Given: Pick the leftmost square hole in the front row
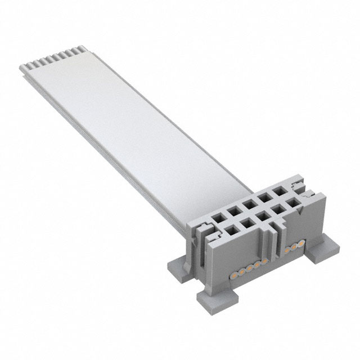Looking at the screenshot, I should (229, 228).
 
